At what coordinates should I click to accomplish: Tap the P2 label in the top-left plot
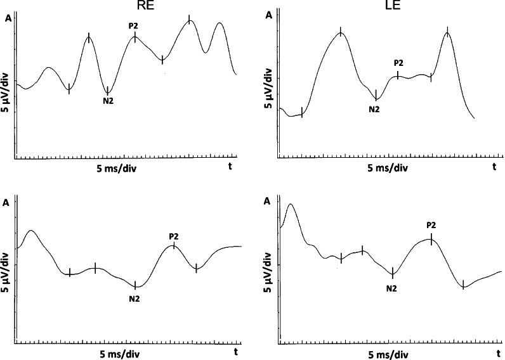[133, 25]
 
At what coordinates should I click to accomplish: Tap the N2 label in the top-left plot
[108, 101]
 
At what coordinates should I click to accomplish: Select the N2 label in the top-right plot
[374, 109]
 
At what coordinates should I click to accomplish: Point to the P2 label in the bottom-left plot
[174, 237]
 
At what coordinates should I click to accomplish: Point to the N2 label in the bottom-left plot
[134, 299]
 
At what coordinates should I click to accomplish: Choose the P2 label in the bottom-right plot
[431, 225]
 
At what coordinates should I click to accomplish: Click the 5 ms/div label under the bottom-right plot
[388, 353]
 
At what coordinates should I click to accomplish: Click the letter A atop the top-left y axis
[8, 18]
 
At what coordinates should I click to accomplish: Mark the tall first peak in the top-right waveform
[341, 32]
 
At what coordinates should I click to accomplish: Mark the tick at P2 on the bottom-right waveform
[431, 239]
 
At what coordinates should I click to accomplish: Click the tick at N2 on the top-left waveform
[108, 91]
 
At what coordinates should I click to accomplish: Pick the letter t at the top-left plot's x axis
[230, 166]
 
